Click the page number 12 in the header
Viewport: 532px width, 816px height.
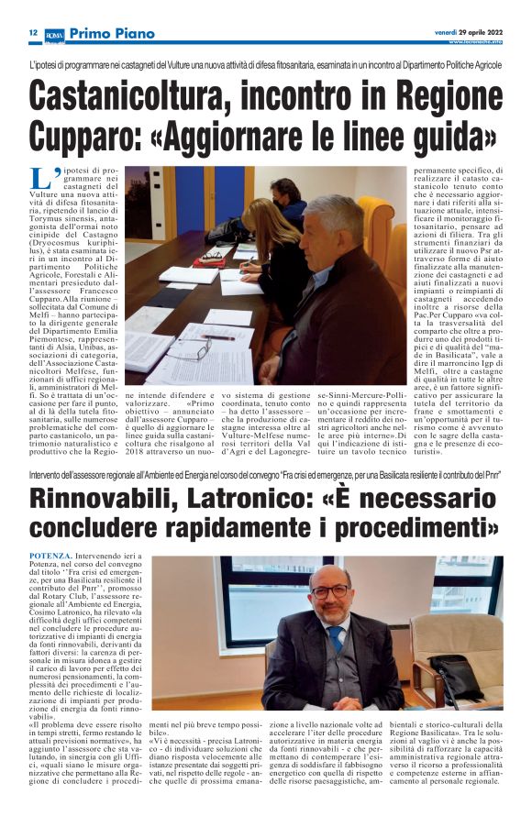click(32, 33)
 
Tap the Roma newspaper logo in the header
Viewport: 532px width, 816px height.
click(54, 34)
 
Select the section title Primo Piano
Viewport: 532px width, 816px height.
click(107, 33)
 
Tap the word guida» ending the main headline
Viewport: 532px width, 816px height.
click(449, 137)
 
